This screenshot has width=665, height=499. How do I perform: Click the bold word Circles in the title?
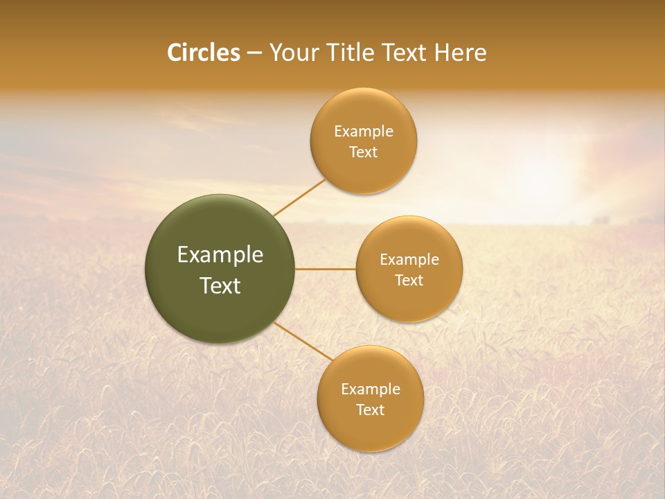203,53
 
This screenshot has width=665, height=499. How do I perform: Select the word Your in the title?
293,53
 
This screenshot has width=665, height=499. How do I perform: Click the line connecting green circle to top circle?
299,197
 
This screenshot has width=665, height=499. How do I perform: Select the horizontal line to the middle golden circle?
326,269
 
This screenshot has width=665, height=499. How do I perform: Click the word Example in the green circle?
220,255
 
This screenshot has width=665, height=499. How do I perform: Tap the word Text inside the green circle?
220,286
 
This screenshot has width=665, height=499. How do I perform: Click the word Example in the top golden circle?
363,132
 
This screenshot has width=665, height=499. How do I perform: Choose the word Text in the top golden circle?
363,152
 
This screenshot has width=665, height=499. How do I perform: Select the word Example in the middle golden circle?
409,260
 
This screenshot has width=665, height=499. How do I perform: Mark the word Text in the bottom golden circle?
370,410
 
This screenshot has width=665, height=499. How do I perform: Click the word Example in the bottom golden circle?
370,389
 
